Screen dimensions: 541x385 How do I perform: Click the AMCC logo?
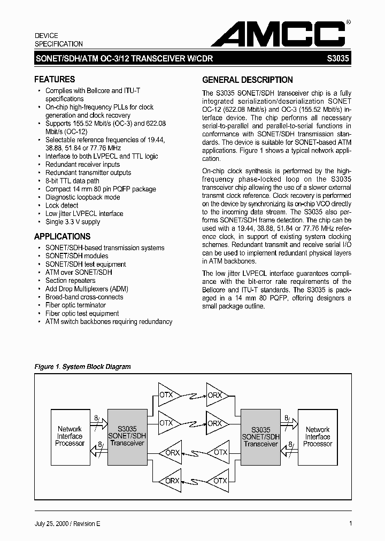[278, 34]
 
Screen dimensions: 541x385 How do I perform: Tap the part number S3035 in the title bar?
[338, 61]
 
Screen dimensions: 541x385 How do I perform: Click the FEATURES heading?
[55, 79]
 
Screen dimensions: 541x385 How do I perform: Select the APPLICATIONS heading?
[62, 236]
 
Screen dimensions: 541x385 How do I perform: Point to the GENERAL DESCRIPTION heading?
[247, 80]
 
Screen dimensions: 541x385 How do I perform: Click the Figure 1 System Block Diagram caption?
[82, 367]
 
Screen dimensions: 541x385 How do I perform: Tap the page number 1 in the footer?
[350, 524]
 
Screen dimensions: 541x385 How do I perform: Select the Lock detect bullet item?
[61, 205]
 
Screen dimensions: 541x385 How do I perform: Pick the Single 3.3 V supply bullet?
[73, 222]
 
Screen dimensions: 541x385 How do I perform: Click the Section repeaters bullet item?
[70, 281]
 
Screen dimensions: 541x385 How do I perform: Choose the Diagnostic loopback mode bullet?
[82, 197]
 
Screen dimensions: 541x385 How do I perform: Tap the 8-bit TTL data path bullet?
[72, 181]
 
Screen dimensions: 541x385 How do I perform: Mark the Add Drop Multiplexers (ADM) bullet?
[87, 289]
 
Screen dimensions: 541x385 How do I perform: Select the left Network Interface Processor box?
[70, 436]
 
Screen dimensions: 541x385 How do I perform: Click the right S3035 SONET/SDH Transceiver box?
[260, 436]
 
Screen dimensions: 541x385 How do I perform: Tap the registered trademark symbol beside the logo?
[349, 22]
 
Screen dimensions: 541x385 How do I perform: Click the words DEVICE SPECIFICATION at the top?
[59, 40]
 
